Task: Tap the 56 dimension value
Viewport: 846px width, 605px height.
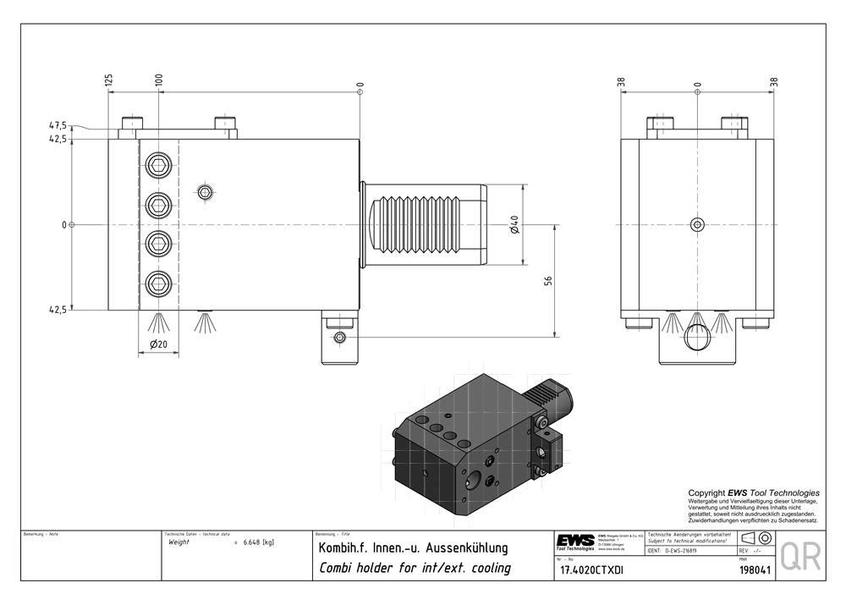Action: pyautogui.click(x=548, y=281)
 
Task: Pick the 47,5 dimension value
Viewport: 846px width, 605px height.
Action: pyautogui.click(x=58, y=126)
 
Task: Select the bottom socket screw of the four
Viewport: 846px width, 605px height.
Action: pyautogui.click(x=158, y=283)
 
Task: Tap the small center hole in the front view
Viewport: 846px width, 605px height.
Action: pyautogui.click(x=696, y=224)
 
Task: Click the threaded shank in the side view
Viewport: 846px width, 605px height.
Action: pyautogui.click(x=427, y=224)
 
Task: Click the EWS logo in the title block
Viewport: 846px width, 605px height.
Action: pyautogui.click(x=575, y=542)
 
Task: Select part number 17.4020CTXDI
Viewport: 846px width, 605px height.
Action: pyautogui.click(x=591, y=570)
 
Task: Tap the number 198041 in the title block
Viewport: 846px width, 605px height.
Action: pyautogui.click(x=753, y=570)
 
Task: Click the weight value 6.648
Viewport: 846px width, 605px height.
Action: pyautogui.click(x=255, y=542)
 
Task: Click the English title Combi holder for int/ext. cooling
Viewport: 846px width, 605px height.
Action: pyautogui.click(x=414, y=568)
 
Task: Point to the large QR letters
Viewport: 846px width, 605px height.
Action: pyautogui.click(x=799, y=557)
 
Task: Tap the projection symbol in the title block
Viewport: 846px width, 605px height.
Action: pyautogui.click(x=755, y=539)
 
